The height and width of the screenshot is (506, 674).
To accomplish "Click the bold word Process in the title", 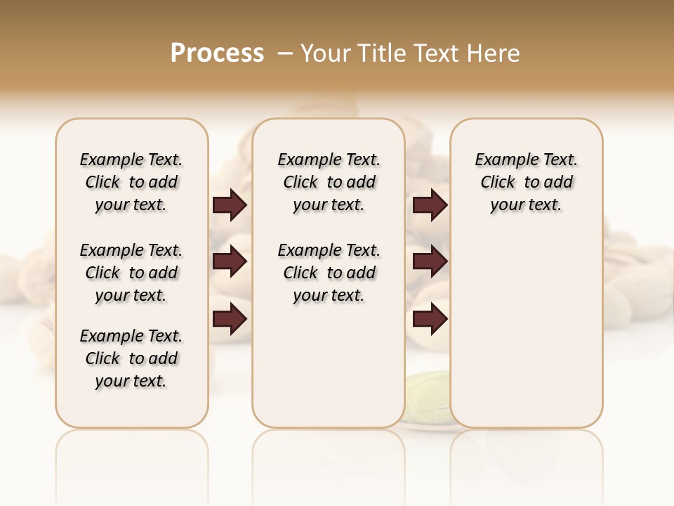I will (x=217, y=53).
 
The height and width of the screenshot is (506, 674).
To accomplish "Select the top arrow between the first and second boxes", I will (x=230, y=205).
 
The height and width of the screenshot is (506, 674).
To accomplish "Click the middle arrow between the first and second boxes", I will (x=230, y=262).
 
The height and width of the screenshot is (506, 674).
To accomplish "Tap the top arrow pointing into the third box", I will (x=430, y=205).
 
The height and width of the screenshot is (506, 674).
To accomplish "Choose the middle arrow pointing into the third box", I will (x=430, y=262).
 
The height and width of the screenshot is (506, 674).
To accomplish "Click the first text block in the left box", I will (x=131, y=182).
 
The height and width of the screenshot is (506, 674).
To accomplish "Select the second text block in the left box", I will (x=131, y=273).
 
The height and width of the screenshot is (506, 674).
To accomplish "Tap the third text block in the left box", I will (x=131, y=358).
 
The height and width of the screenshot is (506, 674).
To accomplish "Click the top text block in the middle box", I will (x=329, y=182).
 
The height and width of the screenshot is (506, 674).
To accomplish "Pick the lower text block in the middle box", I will (x=329, y=273).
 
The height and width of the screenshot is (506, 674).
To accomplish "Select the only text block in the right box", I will (x=527, y=182).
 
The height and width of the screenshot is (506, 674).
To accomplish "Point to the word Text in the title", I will (x=435, y=53).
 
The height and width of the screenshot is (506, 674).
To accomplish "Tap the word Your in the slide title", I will (x=326, y=53).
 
